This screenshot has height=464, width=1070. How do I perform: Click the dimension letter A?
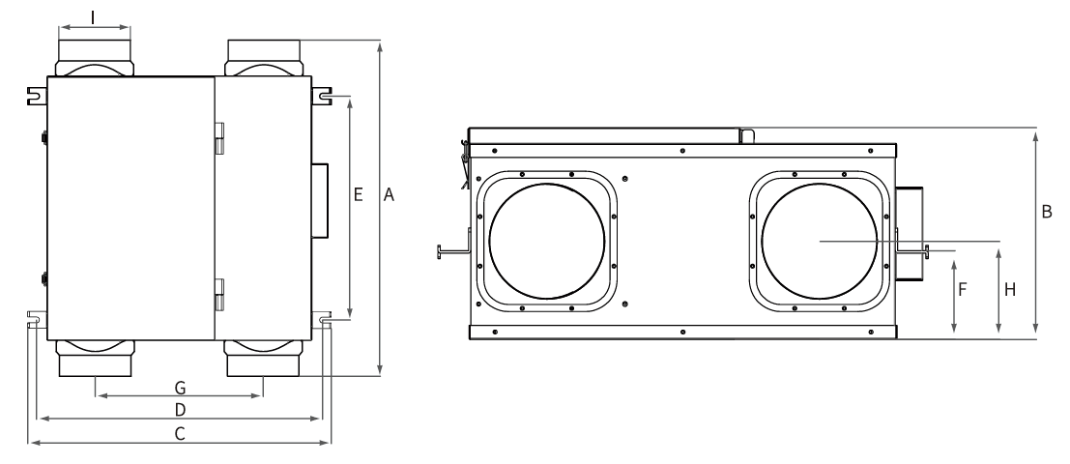pos(389,195)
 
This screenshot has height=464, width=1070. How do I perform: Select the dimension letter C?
pos(180,434)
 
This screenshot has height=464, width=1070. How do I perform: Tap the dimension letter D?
pos(180,410)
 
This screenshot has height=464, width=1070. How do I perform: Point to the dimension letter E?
pos(358,195)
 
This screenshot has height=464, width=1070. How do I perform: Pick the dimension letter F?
pos(963,289)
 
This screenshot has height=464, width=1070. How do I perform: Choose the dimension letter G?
pos(180,387)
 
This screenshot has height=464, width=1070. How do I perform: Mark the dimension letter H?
pos(1009,289)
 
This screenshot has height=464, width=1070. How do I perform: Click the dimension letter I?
pos(93,16)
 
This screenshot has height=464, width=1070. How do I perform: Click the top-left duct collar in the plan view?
pos(94,56)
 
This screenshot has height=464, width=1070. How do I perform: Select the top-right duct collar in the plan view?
pos(264,56)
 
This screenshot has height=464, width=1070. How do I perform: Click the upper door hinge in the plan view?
pos(219,137)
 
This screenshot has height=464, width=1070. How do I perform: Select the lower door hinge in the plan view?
pos(219,294)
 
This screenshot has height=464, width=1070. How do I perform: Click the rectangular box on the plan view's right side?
pos(319,200)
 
